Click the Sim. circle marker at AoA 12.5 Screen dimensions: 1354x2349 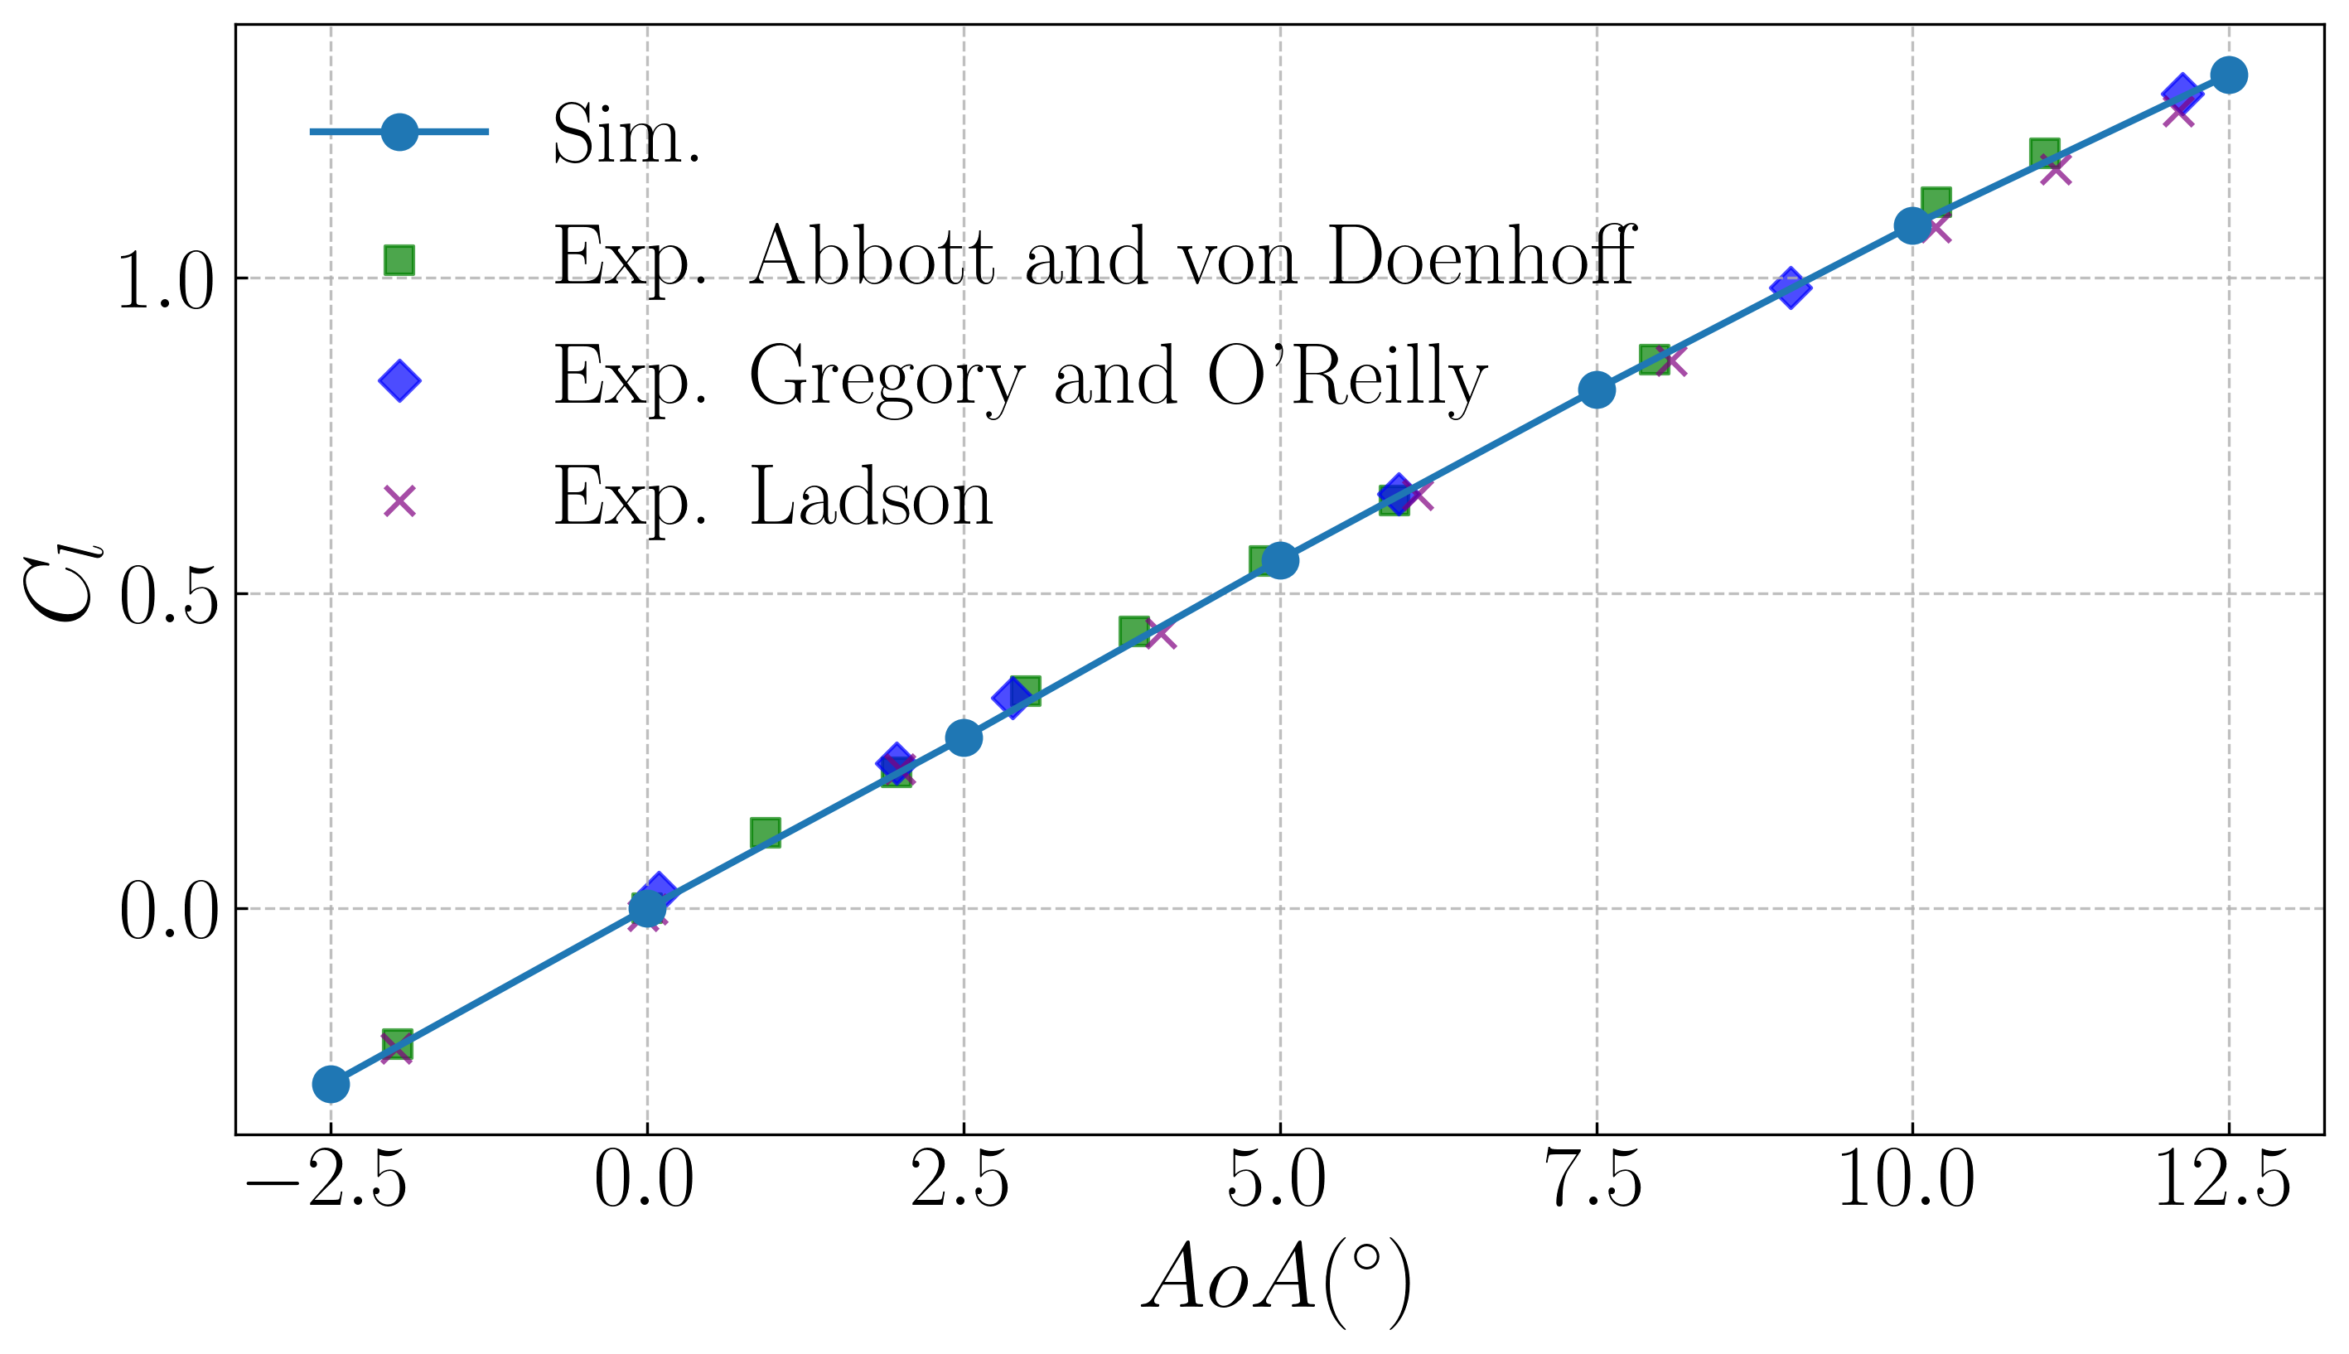point(2227,75)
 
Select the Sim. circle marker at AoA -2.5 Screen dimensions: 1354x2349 point(331,1083)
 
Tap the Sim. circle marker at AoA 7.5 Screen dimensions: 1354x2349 point(1596,389)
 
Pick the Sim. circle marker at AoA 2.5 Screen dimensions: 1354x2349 point(964,737)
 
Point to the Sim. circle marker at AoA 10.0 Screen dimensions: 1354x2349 point(1912,225)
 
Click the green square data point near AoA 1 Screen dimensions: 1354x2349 point(765,834)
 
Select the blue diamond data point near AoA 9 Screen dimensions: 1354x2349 point(1791,288)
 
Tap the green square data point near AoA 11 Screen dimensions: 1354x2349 point(2044,153)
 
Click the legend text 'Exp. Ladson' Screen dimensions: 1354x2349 point(773,500)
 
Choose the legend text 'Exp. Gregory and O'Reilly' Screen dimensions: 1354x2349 point(1021,379)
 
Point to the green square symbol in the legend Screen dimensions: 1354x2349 point(399,260)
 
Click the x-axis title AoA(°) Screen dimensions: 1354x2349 point(1278,1288)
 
